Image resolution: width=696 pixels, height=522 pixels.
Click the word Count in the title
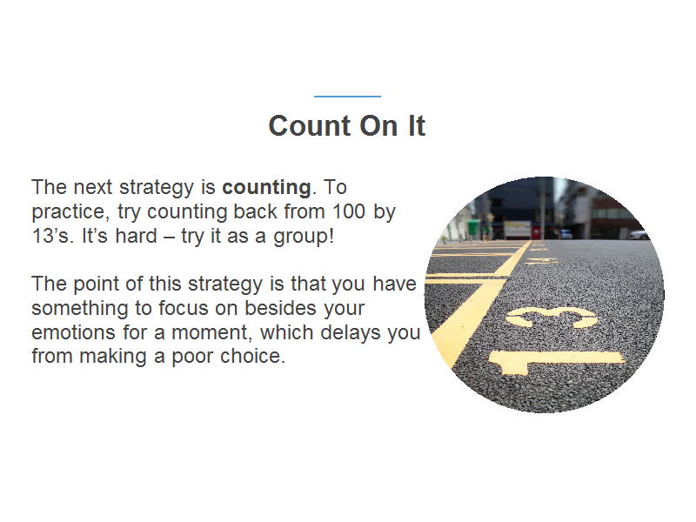coord(310,125)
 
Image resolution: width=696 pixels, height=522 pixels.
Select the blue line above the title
coord(347,96)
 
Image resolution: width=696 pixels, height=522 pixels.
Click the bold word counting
coord(266,188)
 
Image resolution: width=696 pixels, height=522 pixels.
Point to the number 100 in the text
coord(349,211)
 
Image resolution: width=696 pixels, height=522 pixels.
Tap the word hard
coord(137,235)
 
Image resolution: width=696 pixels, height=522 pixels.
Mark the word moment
coord(211,333)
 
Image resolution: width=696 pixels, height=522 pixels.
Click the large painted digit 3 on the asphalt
coord(552,317)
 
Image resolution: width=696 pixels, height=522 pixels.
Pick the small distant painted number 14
coord(541,260)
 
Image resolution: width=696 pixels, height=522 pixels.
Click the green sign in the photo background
coord(473,227)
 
